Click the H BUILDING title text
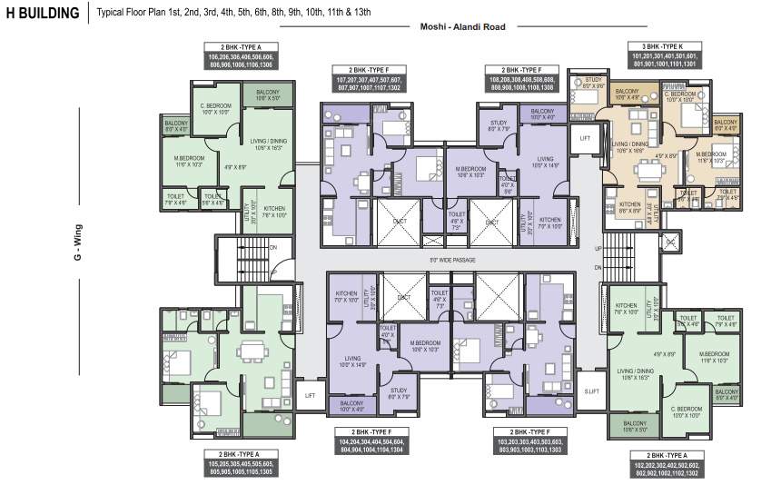[43, 14]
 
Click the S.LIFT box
[592, 391]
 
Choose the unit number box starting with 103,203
[531, 445]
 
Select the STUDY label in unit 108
[499, 125]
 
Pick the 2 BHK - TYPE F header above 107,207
[369, 70]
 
